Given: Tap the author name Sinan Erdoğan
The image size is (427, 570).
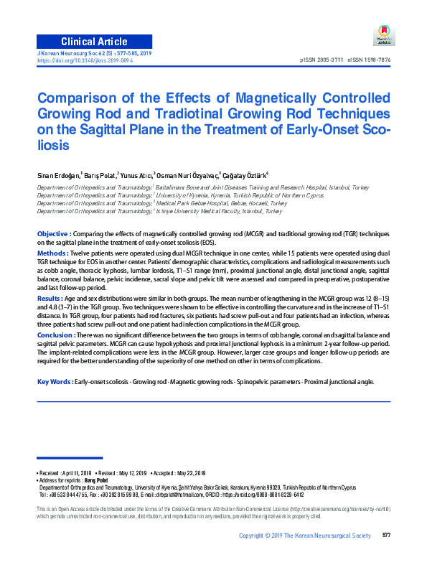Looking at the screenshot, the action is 59,174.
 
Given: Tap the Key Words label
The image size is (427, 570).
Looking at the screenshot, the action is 55,381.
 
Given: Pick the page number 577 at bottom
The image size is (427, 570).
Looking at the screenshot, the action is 386,535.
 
